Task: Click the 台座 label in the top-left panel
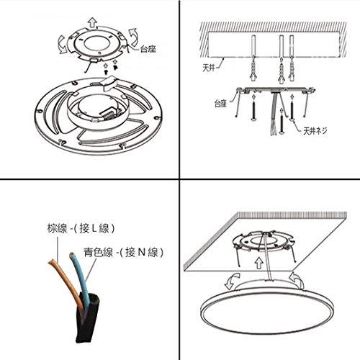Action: [x=148, y=49]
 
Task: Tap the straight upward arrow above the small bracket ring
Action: [x=92, y=22]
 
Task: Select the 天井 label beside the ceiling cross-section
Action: [x=209, y=68]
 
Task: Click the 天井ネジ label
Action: [x=315, y=131]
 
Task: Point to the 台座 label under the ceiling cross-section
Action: [x=220, y=104]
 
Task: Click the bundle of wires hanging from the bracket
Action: [x=274, y=114]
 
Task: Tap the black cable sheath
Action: [x=87, y=317]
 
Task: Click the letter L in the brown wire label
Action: [x=94, y=228]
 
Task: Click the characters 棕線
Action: [x=57, y=228]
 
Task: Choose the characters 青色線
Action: [x=99, y=252]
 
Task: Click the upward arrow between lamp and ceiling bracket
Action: [x=258, y=263]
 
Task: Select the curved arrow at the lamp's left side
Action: [x=233, y=281]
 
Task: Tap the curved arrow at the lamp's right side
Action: [x=297, y=280]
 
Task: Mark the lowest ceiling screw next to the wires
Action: [x=282, y=123]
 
